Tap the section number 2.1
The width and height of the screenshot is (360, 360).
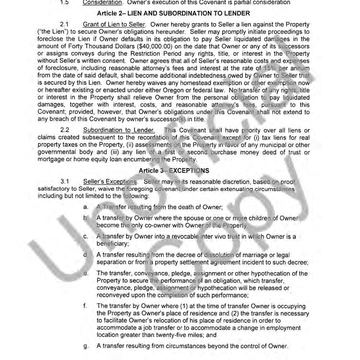[64, 25]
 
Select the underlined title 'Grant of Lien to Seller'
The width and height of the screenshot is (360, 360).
[114, 25]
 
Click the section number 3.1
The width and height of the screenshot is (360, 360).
[65, 182]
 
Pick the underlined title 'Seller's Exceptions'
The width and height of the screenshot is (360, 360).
[110, 182]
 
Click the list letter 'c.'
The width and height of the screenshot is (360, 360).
[86, 237]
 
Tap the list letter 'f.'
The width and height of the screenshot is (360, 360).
[85, 306]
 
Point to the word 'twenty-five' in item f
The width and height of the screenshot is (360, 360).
[186, 335]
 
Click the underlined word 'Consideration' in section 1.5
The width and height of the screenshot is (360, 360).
[102, 3]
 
